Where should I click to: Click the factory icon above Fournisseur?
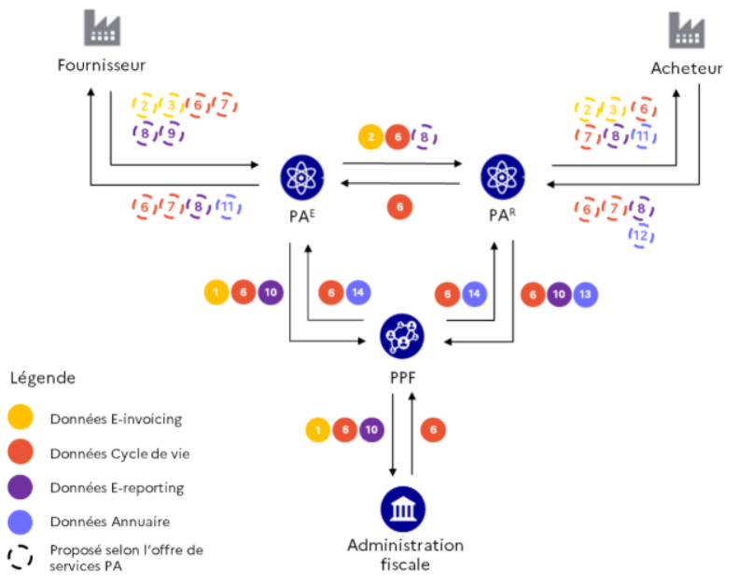102,28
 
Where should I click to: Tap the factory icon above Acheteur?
686,30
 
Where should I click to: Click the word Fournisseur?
102,65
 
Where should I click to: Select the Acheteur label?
687,68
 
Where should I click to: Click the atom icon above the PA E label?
302,177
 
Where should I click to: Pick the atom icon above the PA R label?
502,176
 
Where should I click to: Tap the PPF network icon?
402,336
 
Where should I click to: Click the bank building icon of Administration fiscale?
403,509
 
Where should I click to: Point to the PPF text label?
403,378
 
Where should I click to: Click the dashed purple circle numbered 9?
172,133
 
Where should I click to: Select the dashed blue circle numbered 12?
641,235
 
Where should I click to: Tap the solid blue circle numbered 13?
585,295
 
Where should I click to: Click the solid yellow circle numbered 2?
371,137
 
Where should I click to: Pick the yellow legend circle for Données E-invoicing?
21,417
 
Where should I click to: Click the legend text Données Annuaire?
110,522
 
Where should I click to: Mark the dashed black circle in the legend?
21,557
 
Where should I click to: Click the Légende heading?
43,378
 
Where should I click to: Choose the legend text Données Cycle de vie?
119,453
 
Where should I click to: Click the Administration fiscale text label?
405,555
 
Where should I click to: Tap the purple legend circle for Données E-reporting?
21,487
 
